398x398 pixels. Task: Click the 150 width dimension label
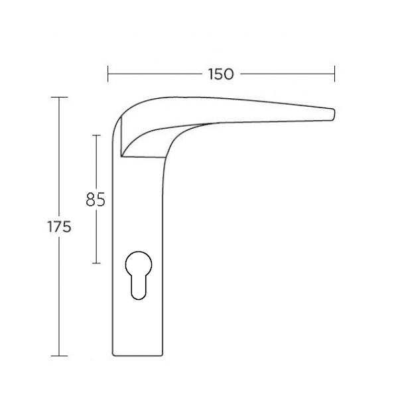(221, 74)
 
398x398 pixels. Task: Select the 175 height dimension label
(59, 227)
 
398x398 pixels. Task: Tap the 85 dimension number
(96, 200)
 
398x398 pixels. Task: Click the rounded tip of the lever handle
(333, 114)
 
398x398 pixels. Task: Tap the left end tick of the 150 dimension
(108, 74)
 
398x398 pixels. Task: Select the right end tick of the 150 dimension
(334, 74)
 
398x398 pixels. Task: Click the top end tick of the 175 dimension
(60, 98)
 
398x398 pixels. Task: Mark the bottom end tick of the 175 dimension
(60, 356)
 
